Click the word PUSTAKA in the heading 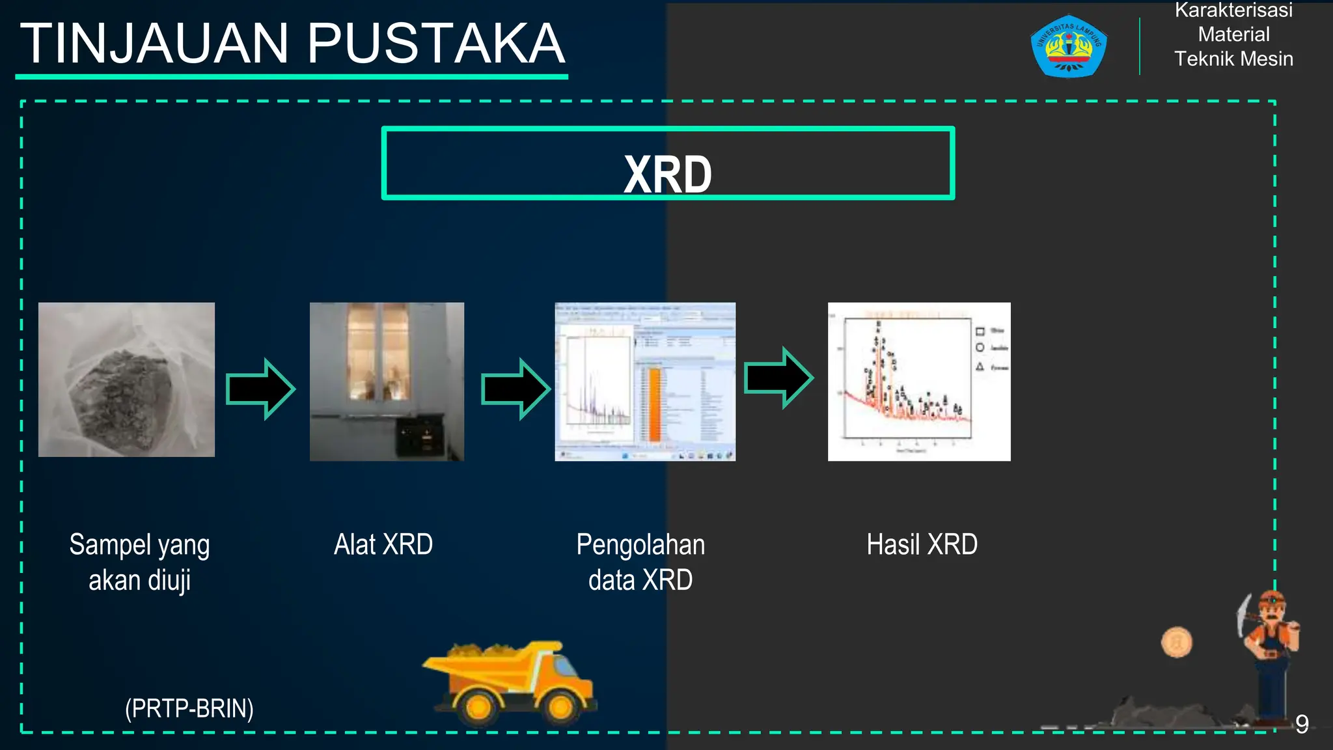(435, 44)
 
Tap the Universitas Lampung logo (1068, 46)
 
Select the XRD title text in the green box (668, 174)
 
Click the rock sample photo (126, 380)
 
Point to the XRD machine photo (387, 382)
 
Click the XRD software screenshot (645, 382)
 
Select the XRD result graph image (918, 382)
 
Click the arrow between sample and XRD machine (261, 389)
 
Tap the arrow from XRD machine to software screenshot (516, 389)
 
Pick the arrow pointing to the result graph (778, 378)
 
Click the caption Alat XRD (383, 544)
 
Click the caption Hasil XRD (922, 544)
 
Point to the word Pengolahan (640, 544)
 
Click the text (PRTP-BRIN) (189, 708)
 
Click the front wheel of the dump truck (561, 707)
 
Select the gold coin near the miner (1176, 643)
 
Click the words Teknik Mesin (1233, 59)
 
